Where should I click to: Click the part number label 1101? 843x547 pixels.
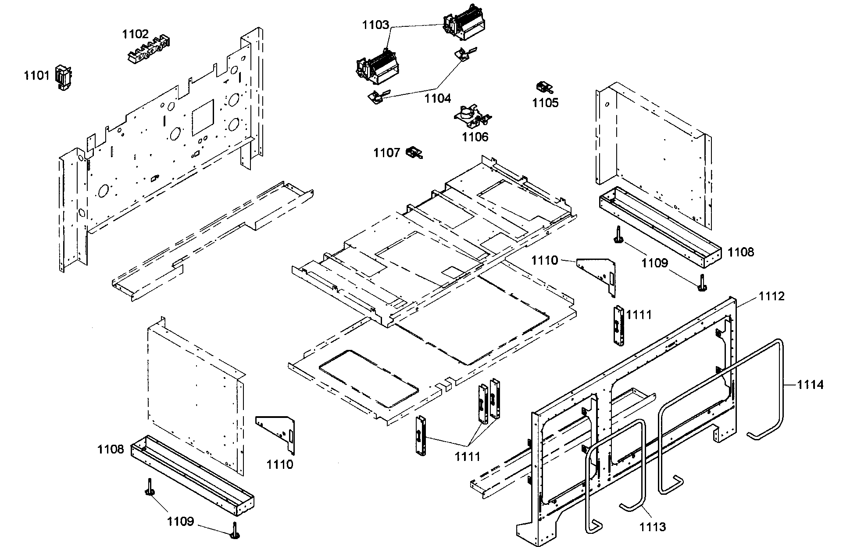click(x=36, y=76)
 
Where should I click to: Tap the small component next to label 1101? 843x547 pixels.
click(x=63, y=78)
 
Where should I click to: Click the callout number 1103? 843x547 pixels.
click(x=375, y=25)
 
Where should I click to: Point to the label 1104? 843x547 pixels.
click(x=437, y=98)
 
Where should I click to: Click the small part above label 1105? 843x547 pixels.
click(x=544, y=87)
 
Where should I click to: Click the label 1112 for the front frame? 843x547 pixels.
click(x=772, y=296)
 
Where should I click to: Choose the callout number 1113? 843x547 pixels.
click(x=652, y=526)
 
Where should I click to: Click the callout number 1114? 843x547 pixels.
click(x=811, y=385)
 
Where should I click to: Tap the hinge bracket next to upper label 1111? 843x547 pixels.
click(x=618, y=325)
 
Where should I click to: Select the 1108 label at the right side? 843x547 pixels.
click(x=741, y=252)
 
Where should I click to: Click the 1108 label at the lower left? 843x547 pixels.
click(x=111, y=449)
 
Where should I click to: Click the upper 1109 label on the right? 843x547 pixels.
click(x=654, y=263)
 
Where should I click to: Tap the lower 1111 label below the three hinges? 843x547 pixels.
click(x=467, y=457)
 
